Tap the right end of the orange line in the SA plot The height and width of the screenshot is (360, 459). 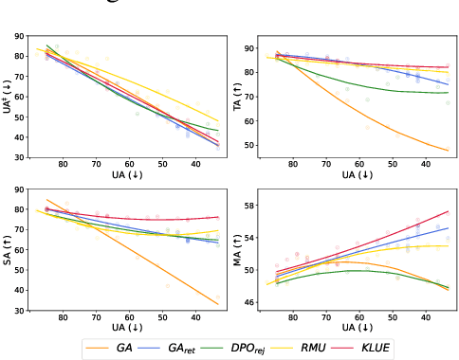coord(219,304)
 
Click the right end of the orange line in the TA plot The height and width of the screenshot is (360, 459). coord(450,151)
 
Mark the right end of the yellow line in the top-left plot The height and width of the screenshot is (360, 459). coord(219,121)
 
